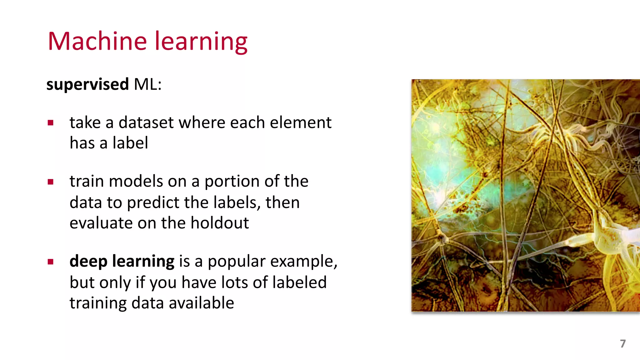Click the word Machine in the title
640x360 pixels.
[97, 41]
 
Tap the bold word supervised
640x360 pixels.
[87, 84]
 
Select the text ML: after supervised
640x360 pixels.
[147, 84]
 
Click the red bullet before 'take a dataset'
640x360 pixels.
[51, 123]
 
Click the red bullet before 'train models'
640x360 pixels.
[51, 182]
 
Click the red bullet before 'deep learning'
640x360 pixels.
[51, 262]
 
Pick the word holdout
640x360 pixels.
[219, 223]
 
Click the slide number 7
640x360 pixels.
[622, 343]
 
